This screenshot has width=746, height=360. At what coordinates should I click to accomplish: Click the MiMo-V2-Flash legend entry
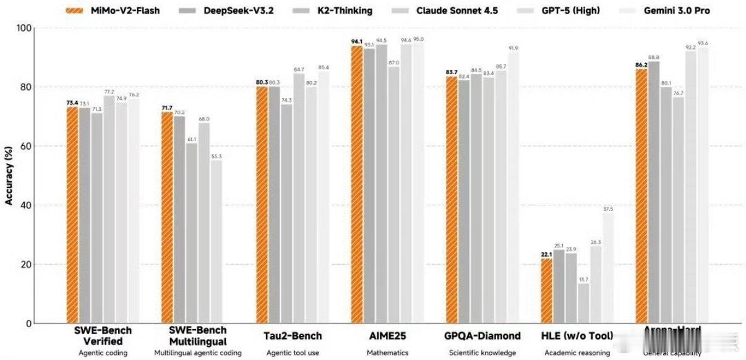[x=114, y=11]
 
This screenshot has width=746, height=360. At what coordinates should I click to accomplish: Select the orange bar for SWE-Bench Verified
[x=72, y=215]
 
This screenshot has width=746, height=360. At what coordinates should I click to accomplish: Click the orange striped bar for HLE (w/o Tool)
[x=547, y=291]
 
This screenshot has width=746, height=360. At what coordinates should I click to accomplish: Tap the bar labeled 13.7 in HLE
[x=583, y=303]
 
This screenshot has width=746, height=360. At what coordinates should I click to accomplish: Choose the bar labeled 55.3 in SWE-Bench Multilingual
[x=216, y=242]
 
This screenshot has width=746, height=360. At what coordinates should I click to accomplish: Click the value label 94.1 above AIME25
[x=357, y=41]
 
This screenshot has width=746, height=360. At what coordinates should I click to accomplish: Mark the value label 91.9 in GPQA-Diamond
[x=513, y=48]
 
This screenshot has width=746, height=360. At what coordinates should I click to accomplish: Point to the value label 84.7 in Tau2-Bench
[x=299, y=69]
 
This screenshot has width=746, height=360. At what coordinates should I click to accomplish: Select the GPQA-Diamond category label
[x=482, y=336]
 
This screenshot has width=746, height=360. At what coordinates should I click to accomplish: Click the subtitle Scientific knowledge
[x=482, y=353]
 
